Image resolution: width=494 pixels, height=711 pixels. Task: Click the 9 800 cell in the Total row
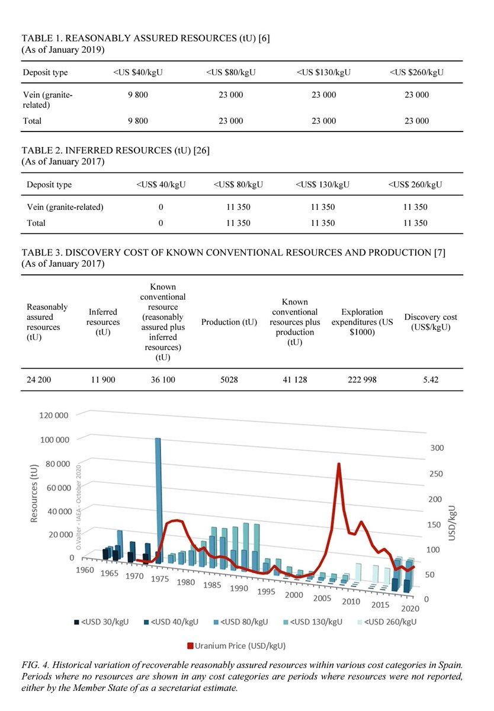point(137,121)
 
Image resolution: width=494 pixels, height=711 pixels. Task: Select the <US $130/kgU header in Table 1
point(324,72)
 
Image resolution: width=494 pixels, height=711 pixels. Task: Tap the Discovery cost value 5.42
point(430,380)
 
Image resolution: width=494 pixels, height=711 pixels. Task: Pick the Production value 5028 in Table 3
point(229,380)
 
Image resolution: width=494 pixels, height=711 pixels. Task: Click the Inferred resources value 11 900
point(103,380)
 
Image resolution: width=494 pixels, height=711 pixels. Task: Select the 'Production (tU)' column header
point(229,322)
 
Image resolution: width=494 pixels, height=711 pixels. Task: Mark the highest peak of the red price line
point(339,464)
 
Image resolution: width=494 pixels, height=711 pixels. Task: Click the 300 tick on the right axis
point(437,449)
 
